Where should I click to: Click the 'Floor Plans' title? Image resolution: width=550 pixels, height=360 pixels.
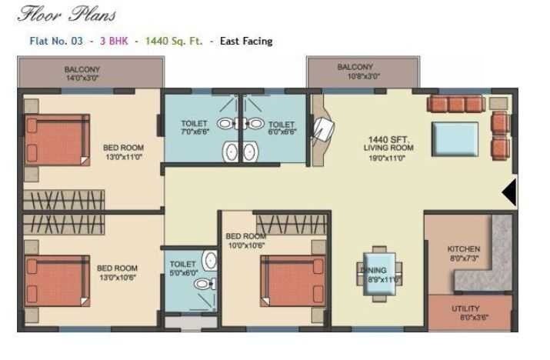[x=67, y=13]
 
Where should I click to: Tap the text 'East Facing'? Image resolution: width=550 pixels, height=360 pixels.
[x=246, y=41]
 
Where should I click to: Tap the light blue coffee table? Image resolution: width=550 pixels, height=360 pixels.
[x=455, y=139]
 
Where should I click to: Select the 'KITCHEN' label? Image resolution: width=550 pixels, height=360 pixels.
[x=464, y=249]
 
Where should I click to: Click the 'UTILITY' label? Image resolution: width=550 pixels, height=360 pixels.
[x=464, y=308]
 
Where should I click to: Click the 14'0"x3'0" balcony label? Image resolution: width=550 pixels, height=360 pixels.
[x=82, y=74]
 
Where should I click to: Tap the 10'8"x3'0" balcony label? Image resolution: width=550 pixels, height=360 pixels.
[x=355, y=72]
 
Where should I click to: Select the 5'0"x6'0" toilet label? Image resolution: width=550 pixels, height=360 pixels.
[x=183, y=268]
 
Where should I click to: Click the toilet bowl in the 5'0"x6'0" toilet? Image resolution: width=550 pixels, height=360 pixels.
[x=203, y=284]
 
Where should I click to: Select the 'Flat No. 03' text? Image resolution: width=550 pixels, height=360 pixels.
[x=50, y=41]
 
